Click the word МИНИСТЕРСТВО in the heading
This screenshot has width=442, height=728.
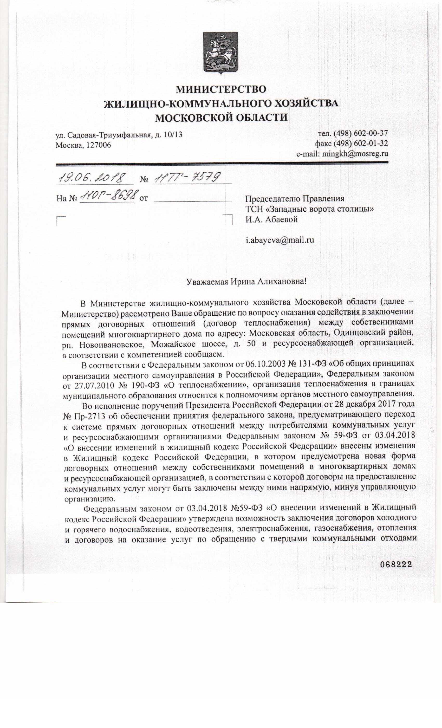221,89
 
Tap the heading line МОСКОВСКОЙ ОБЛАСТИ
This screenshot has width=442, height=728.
221,118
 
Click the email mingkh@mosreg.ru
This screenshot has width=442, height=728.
355,154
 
